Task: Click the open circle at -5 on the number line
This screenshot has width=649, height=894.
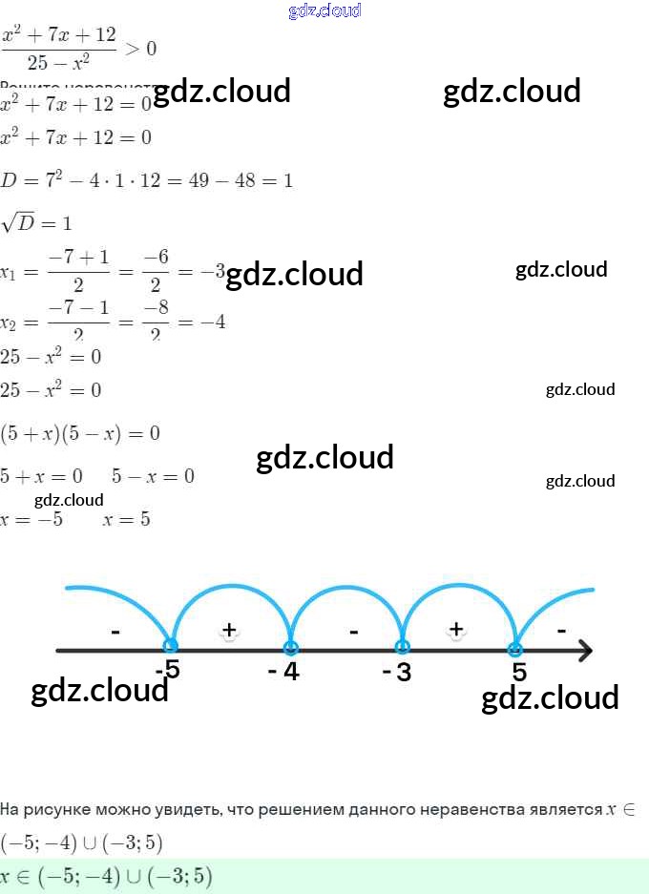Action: (171, 647)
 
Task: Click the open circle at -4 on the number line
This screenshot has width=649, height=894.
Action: (290, 648)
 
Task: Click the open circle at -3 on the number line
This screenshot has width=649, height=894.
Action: (403, 648)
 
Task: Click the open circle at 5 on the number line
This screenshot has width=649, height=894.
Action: (515, 650)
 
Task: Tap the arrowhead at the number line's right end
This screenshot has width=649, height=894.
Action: (585, 651)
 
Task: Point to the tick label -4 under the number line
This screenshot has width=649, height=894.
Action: (283, 672)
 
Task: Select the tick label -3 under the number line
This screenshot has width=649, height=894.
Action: (397, 673)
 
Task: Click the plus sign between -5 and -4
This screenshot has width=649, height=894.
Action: (229, 629)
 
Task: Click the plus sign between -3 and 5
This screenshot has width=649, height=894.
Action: (456, 629)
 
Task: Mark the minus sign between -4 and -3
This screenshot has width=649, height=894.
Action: (353, 631)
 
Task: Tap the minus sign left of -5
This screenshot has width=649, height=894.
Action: (115, 631)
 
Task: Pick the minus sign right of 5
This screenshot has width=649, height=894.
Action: (561, 630)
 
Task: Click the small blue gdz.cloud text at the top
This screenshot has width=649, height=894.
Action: (324, 10)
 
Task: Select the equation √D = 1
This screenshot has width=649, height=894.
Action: (36, 223)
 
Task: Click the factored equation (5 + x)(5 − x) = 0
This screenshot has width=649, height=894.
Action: (80, 433)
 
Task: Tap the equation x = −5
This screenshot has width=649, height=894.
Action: (31, 520)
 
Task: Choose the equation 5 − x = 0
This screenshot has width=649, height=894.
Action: (153, 475)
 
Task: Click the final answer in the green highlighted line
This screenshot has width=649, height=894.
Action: (106, 876)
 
